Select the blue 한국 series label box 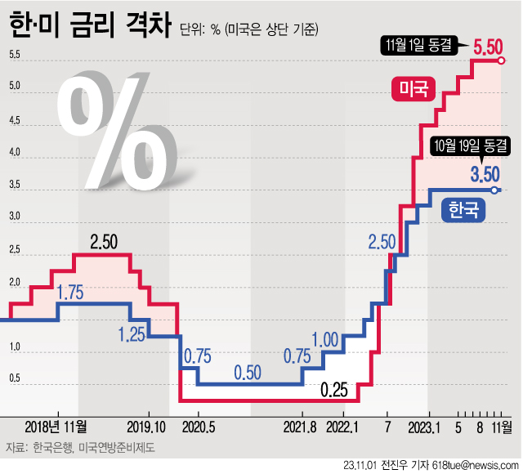click(463, 211)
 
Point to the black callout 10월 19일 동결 click(472, 147)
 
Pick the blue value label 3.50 click(485, 173)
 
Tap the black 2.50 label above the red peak click(105, 242)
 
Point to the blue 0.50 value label click(247, 373)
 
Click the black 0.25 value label click(335, 390)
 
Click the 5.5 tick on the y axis click(15, 56)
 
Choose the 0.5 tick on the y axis click(15, 378)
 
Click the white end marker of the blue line click(495, 190)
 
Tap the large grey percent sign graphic click(114, 131)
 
